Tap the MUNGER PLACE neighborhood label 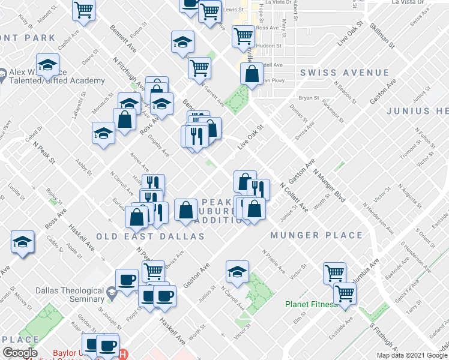[316, 235]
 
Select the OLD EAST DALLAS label [151, 236]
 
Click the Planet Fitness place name [311, 304]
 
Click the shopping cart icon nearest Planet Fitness [345, 293]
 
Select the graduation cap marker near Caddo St [22, 242]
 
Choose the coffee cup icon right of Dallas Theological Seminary [127, 279]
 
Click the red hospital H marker [123, 354]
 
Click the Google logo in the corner [20, 353]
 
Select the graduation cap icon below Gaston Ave [237, 272]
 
